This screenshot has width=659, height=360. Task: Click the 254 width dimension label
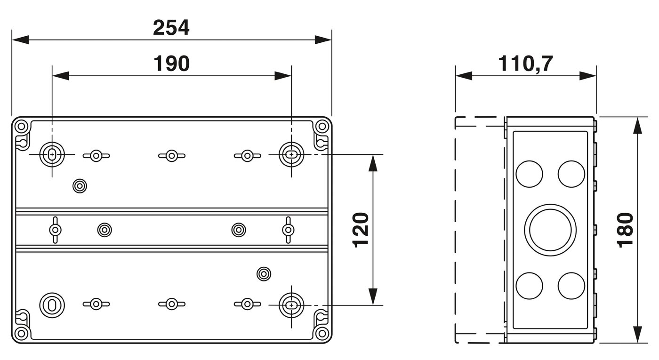coord(171,28)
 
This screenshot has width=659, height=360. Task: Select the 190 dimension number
coord(171,64)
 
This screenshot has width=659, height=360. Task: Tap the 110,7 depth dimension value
coord(526,64)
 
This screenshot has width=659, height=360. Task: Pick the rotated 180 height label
coord(626,230)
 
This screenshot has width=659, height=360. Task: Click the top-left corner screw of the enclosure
coord(21,126)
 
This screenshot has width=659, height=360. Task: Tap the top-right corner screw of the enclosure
coord(322,126)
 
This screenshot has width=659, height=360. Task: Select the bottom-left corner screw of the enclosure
coord(21,334)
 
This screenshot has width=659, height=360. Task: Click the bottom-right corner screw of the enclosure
coord(322,334)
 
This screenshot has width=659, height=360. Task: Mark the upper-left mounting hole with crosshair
coord(51,154)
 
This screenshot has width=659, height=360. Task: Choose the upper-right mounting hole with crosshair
coord(292,154)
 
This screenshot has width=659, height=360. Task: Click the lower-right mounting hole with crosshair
coord(292,305)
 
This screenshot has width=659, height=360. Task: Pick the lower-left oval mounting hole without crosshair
coord(51,304)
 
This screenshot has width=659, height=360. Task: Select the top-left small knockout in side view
coord(529,174)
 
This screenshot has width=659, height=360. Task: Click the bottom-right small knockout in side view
coord(571,285)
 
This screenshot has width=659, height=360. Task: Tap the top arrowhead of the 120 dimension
coord(373,162)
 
